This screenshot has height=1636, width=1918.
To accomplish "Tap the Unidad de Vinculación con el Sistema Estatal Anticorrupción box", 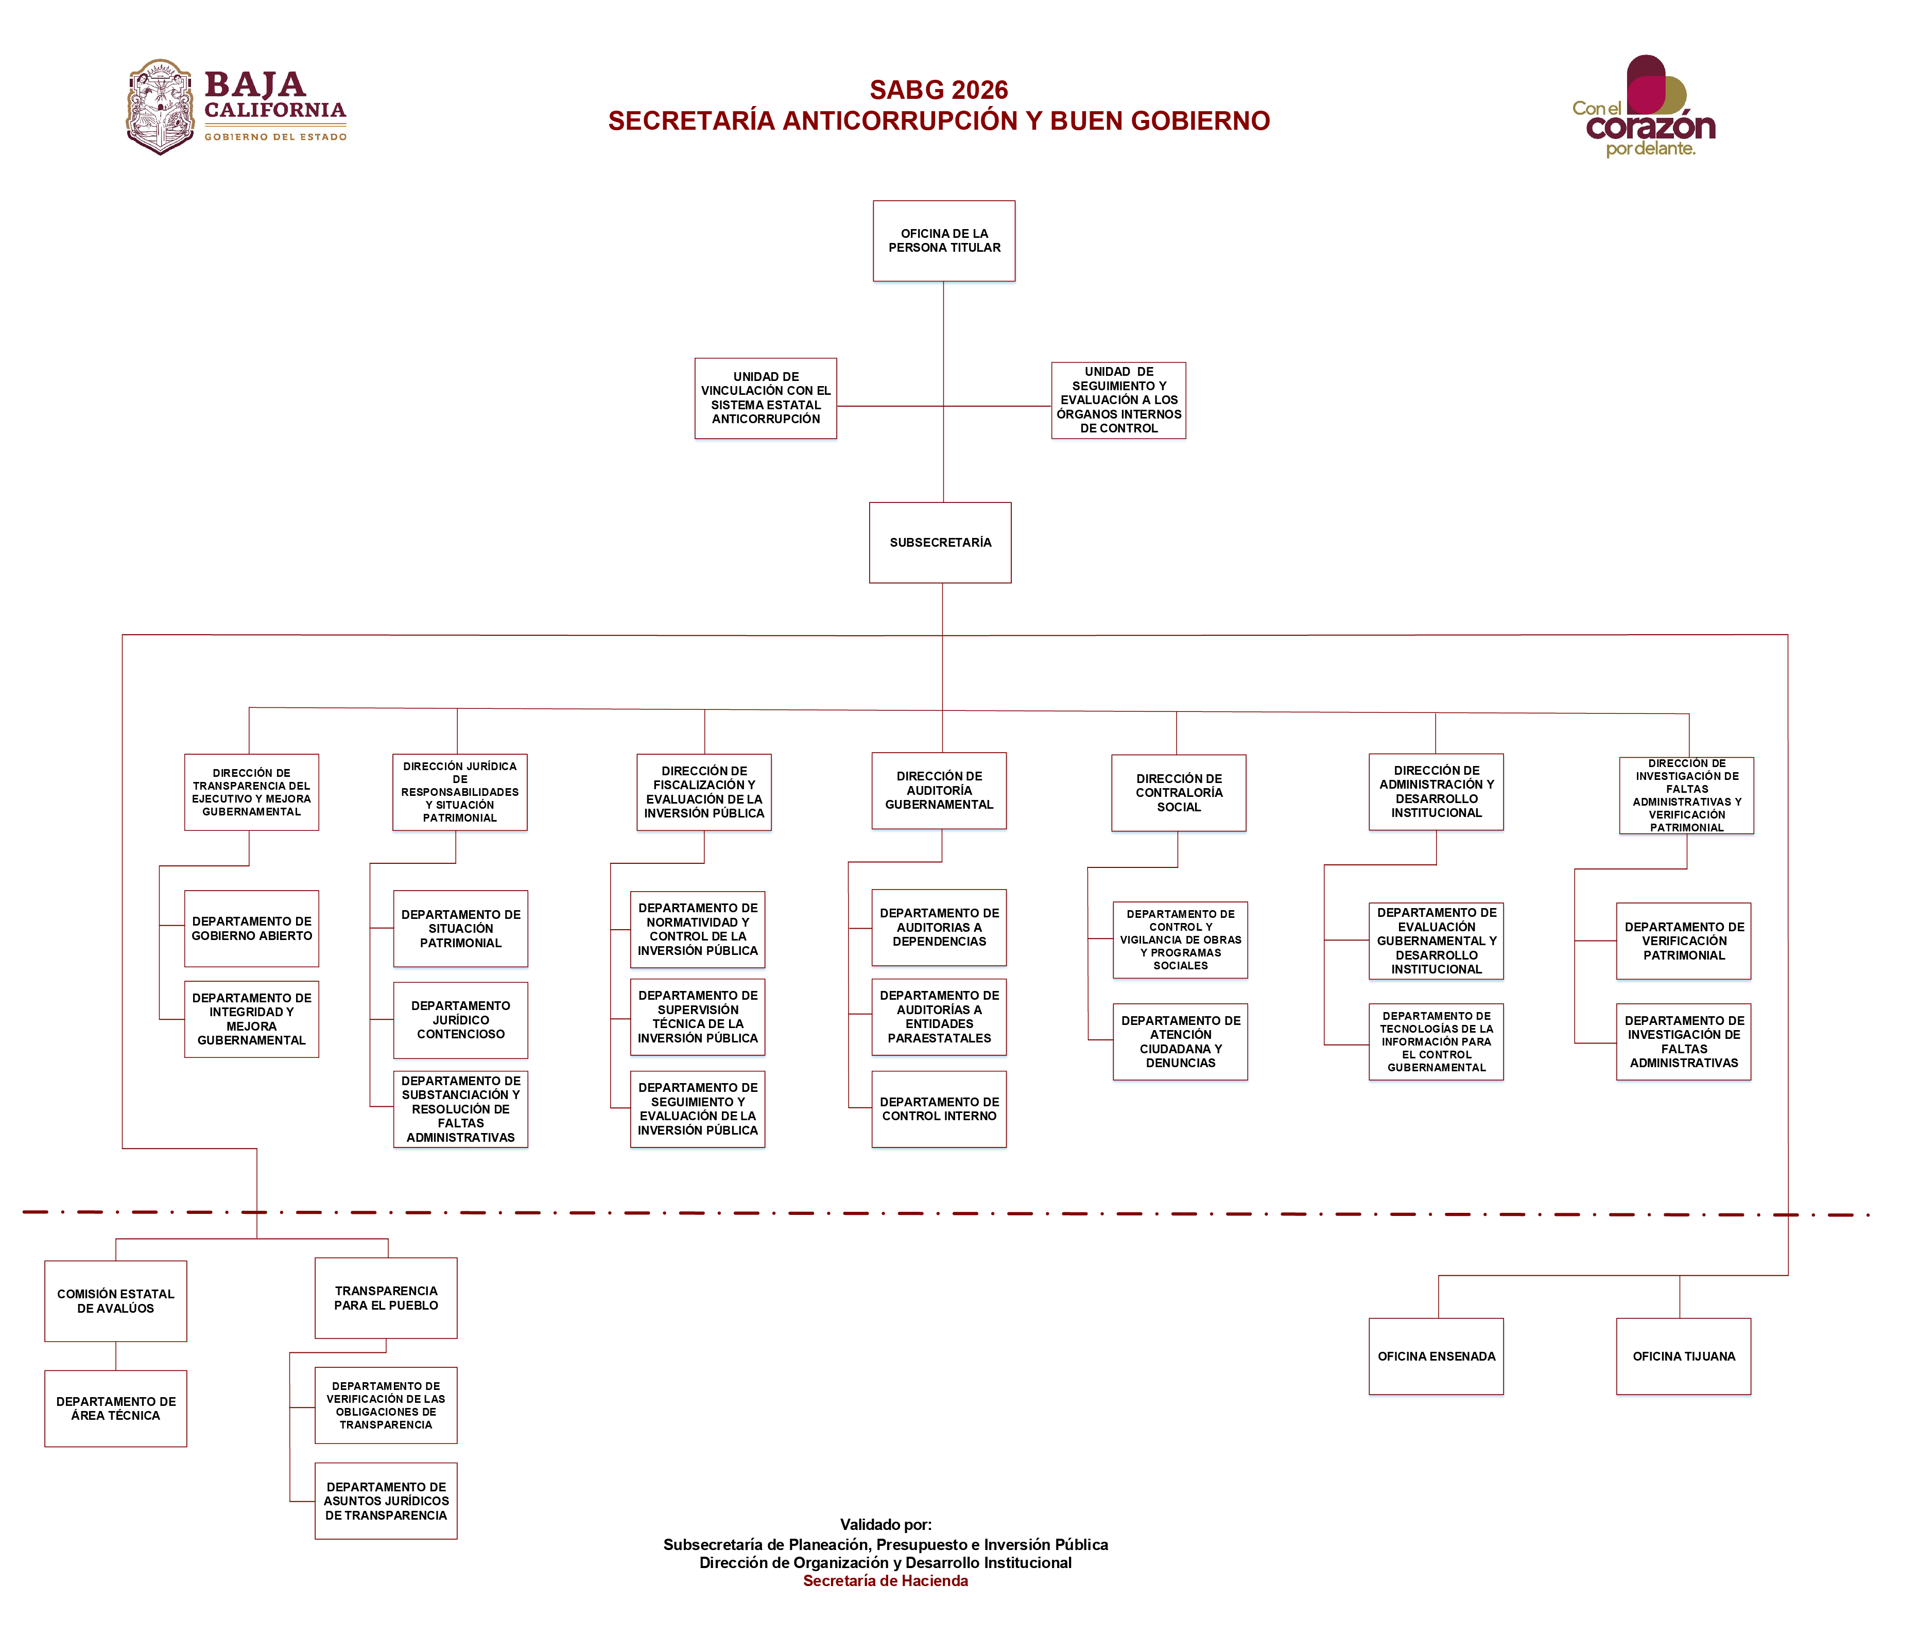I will pyautogui.click(x=766, y=398).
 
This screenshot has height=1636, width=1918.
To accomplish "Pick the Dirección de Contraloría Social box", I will pyautogui.click(x=1179, y=793).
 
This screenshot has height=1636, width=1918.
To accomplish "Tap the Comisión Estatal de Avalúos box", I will pyautogui.click(x=116, y=1300).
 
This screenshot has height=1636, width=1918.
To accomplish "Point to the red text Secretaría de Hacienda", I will pyautogui.click(x=885, y=1580).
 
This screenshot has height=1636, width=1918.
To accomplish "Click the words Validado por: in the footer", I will pyautogui.click(x=885, y=1524).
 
